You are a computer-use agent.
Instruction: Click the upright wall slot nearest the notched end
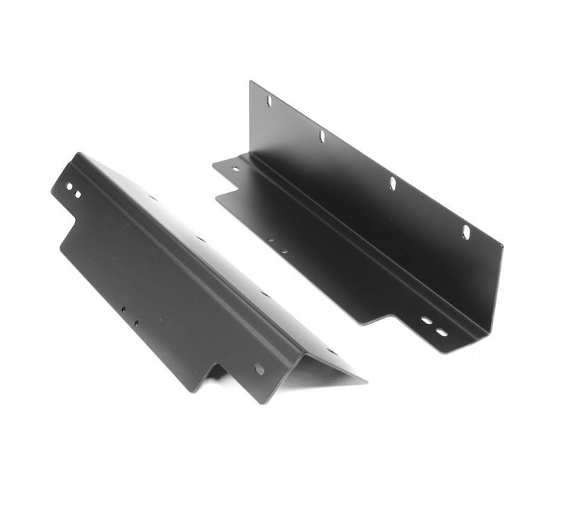[x=269, y=101]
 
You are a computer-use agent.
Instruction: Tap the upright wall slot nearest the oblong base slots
[x=466, y=231]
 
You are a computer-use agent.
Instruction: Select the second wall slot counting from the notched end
[x=321, y=136]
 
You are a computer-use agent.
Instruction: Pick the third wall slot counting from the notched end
[x=392, y=183]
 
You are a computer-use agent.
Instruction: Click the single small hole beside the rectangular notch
[x=236, y=169]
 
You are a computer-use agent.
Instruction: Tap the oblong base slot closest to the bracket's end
[x=441, y=332]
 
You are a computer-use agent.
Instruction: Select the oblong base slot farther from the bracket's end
[x=426, y=320]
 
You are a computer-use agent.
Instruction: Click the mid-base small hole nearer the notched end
[x=270, y=240]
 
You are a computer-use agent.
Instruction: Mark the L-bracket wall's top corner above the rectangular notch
[x=251, y=82]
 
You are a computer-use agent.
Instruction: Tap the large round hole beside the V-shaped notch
[x=259, y=369]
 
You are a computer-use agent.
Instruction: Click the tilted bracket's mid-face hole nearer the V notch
[x=135, y=323]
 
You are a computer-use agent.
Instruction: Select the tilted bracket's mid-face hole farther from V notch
[x=122, y=310]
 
